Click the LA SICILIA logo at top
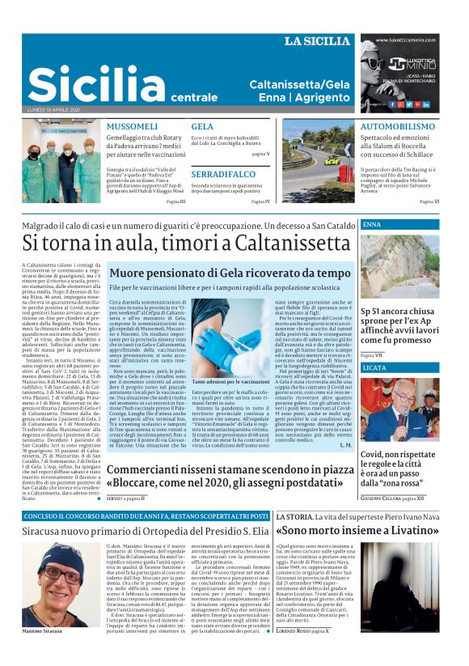(x=315, y=40)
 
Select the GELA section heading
(x=202, y=127)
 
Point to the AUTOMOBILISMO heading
(x=397, y=127)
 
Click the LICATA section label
(x=375, y=367)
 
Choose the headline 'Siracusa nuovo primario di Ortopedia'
(x=146, y=531)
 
